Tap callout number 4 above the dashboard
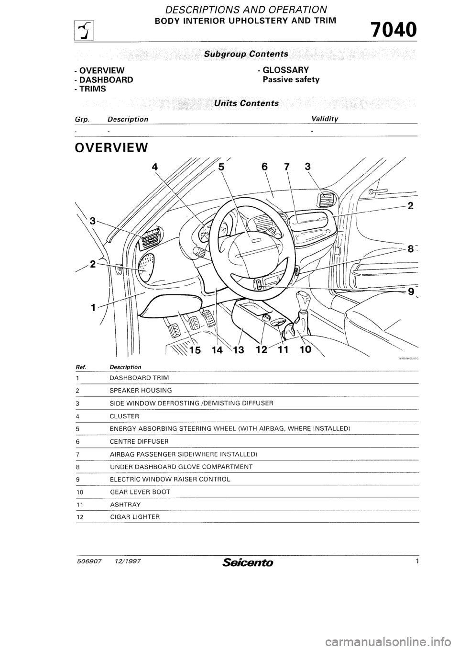click(x=154, y=167)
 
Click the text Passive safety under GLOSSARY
click(x=291, y=79)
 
